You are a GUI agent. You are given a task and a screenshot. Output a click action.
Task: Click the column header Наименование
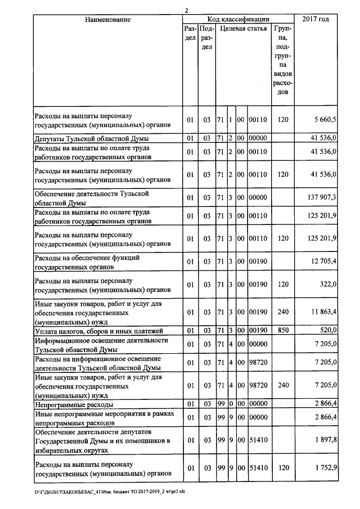pos(108,20)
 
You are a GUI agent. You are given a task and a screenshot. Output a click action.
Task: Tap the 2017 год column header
pos(316,20)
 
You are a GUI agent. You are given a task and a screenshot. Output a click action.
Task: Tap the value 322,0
pos(326,285)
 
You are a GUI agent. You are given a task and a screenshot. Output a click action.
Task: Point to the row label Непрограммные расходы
pos(74,404)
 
